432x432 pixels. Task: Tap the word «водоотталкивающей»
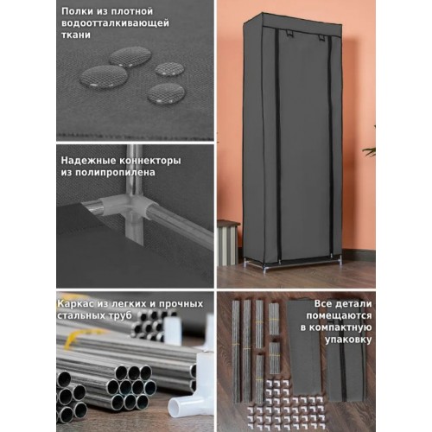click(x=115, y=23)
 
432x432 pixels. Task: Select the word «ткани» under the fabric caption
click(x=76, y=35)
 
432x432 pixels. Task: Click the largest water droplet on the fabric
click(x=104, y=77)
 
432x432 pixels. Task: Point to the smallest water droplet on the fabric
click(x=169, y=69)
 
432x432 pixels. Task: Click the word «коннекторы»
click(x=150, y=161)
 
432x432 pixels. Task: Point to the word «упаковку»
click(x=348, y=340)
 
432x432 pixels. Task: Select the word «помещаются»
click(x=339, y=316)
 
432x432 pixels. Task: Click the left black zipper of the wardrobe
click(x=278, y=144)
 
